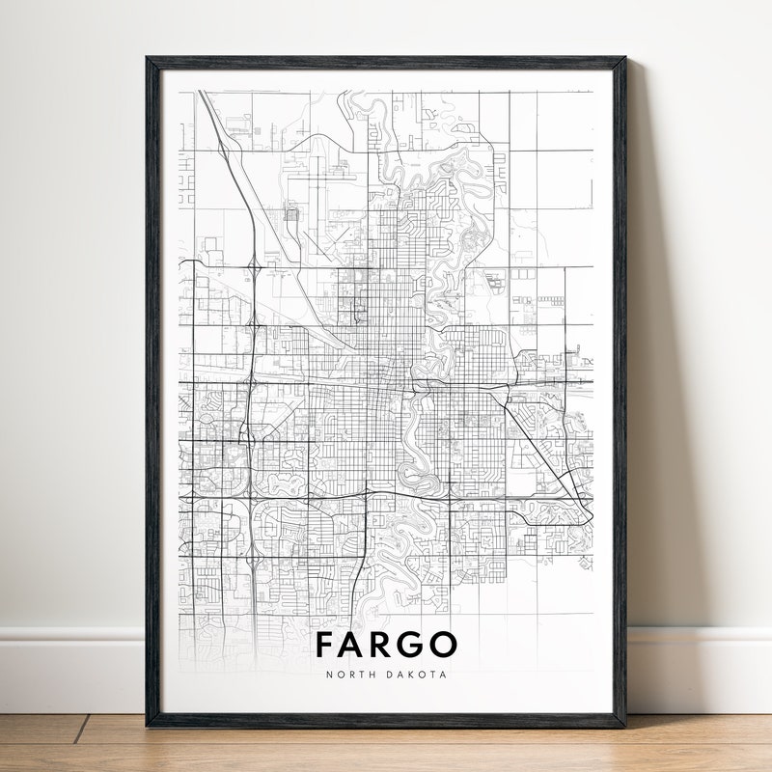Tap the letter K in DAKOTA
(x=413, y=675)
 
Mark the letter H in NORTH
(x=371, y=675)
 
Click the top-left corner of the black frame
(x=148, y=58)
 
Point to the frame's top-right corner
(x=624, y=58)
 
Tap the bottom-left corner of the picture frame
(x=148, y=725)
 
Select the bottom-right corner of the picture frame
(x=624, y=725)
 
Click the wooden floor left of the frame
(x=68, y=743)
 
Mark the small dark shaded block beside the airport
(x=291, y=214)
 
